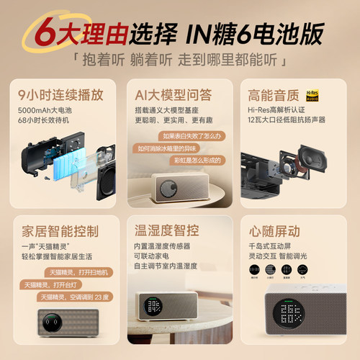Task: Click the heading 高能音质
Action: tap(270, 94)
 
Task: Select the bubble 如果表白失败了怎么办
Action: tap(192, 135)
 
